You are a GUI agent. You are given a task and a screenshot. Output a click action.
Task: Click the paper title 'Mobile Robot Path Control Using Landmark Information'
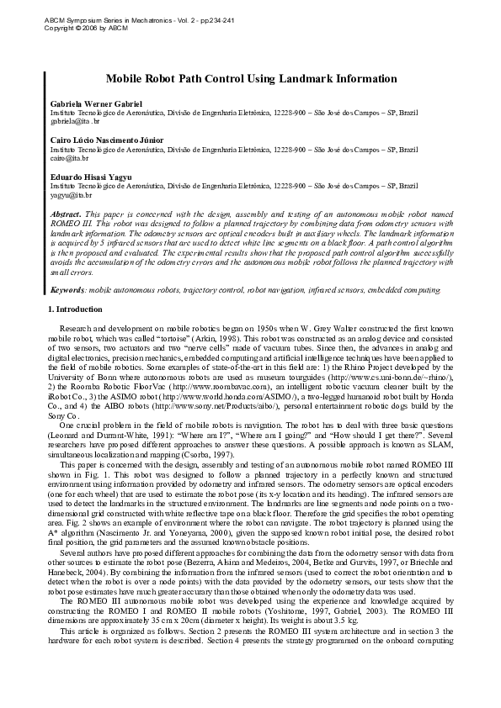(x=251, y=78)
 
